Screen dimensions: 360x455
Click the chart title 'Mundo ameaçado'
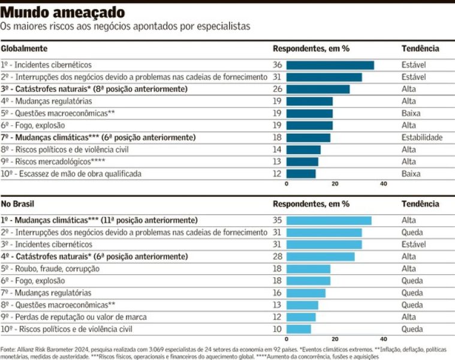pyautogui.click(x=63, y=12)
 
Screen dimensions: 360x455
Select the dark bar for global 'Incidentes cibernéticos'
pyautogui.click(x=330, y=65)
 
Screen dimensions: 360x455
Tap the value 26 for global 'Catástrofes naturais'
pyautogui.click(x=277, y=89)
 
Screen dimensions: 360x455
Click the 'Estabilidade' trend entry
pyautogui.click(x=422, y=137)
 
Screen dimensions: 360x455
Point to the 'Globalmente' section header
pyautogui.click(x=24, y=49)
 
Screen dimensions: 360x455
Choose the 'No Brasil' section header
pyautogui.click(x=19, y=204)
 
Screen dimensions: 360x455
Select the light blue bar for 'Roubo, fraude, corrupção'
pyautogui.click(x=308, y=269)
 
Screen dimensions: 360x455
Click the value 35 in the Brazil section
pyautogui.click(x=277, y=220)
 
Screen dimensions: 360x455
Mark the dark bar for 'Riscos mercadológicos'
pyautogui.click(x=302, y=161)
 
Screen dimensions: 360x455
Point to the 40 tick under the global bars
pyautogui.click(x=384, y=184)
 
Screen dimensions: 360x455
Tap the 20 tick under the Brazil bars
pyautogui.click(x=335, y=339)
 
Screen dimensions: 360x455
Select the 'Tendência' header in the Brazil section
pyautogui.click(x=420, y=204)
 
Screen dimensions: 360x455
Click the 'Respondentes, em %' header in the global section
pyautogui.click(x=311, y=49)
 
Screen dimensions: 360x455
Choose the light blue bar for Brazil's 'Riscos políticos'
pyautogui.click(x=299, y=329)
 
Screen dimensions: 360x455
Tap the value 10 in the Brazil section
pyautogui.click(x=277, y=329)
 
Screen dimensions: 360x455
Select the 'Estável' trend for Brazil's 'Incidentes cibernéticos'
pyautogui.click(x=414, y=244)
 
